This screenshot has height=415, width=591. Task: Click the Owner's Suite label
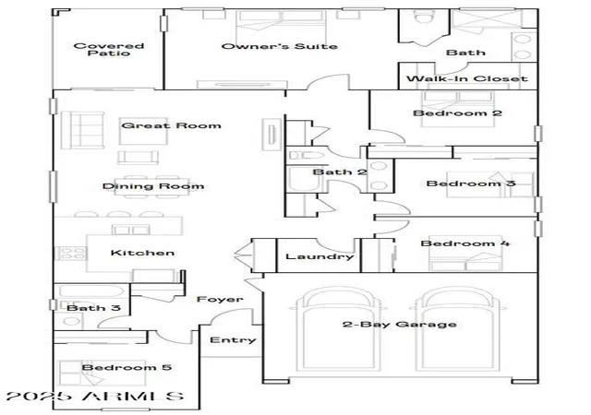(279, 46)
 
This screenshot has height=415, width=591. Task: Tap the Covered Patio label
(109, 49)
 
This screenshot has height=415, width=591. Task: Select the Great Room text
(171, 125)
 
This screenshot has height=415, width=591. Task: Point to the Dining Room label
(153, 186)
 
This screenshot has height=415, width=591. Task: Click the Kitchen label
(142, 253)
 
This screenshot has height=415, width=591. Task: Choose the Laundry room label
(320, 256)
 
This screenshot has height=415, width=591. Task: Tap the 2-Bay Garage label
(400, 325)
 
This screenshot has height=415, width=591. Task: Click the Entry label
(233, 340)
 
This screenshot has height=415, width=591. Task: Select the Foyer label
(220, 300)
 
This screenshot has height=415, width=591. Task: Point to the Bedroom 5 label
(127, 367)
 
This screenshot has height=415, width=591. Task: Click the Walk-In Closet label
(467, 78)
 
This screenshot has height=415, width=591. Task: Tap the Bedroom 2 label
(458, 113)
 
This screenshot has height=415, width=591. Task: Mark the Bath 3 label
(93, 308)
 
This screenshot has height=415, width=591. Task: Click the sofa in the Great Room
(82, 130)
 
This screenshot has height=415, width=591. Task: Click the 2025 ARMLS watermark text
(95, 396)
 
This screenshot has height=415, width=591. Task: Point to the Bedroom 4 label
(464, 243)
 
